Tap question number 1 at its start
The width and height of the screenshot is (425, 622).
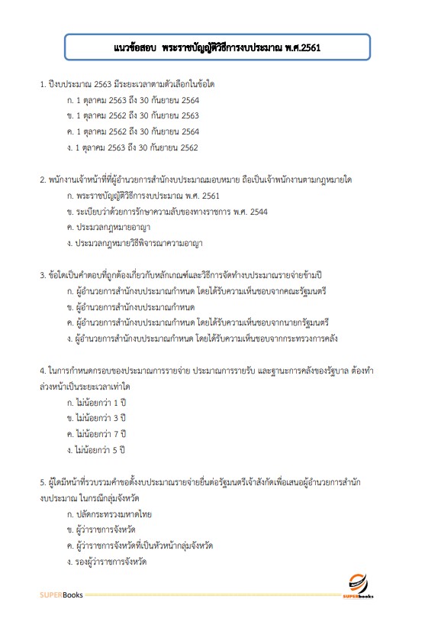click(x=43, y=83)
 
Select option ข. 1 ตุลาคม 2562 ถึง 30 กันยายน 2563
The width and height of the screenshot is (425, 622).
click(x=133, y=115)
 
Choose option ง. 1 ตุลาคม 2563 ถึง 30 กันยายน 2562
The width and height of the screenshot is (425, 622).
click(x=133, y=147)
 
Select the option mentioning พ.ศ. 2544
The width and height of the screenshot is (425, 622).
click(x=164, y=212)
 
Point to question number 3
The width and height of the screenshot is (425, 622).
click(x=43, y=274)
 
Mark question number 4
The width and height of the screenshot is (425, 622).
click(x=43, y=371)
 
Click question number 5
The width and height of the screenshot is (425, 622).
click(x=43, y=482)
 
